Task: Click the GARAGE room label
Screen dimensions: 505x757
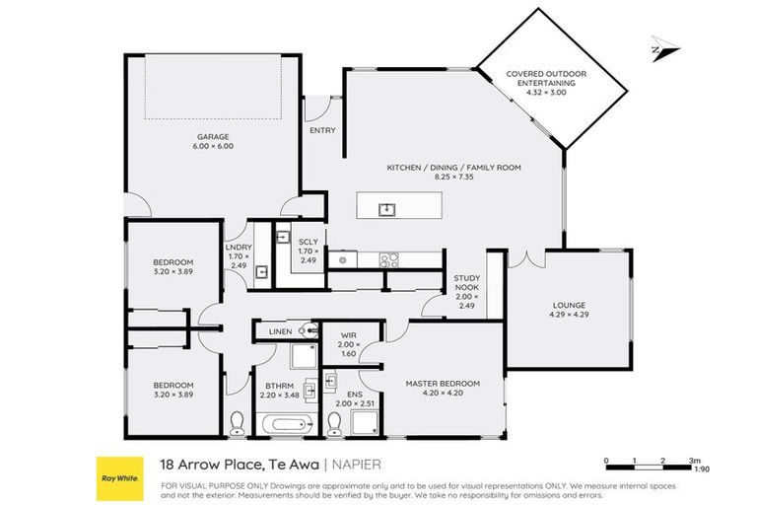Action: [212, 137]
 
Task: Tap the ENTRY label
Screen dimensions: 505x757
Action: [322, 130]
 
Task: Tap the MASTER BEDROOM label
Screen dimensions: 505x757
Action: [443, 383]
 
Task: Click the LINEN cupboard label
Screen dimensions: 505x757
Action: [280, 332]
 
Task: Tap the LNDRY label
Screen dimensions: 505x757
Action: [239, 248]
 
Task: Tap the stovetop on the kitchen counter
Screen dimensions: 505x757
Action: [388, 260]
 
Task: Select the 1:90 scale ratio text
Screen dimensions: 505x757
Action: [702, 469]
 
